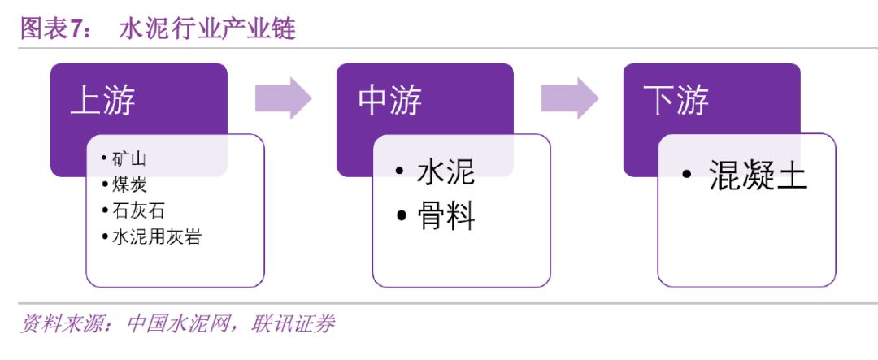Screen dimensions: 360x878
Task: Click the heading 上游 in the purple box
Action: tap(103, 101)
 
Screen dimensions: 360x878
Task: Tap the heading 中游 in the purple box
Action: tap(390, 101)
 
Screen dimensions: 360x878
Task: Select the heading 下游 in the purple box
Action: tap(676, 101)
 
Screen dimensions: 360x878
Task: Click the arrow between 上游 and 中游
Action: tap(283, 99)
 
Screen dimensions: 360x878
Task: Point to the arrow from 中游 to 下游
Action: tap(570, 99)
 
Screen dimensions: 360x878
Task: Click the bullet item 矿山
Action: tap(129, 158)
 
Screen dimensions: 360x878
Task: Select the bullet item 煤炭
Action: tap(129, 184)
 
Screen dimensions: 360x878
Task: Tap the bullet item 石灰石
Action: tap(138, 210)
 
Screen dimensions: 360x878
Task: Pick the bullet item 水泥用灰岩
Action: tap(156, 237)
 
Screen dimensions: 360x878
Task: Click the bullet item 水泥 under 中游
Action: tap(446, 172)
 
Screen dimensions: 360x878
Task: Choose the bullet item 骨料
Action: tap(446, 216)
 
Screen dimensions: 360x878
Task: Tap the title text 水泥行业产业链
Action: tap(207, 29)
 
